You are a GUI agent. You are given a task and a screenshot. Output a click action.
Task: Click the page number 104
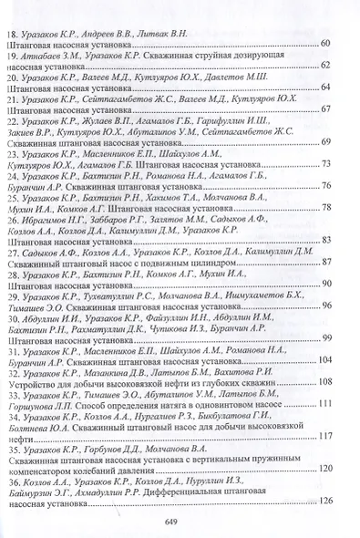pos(332,359)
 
